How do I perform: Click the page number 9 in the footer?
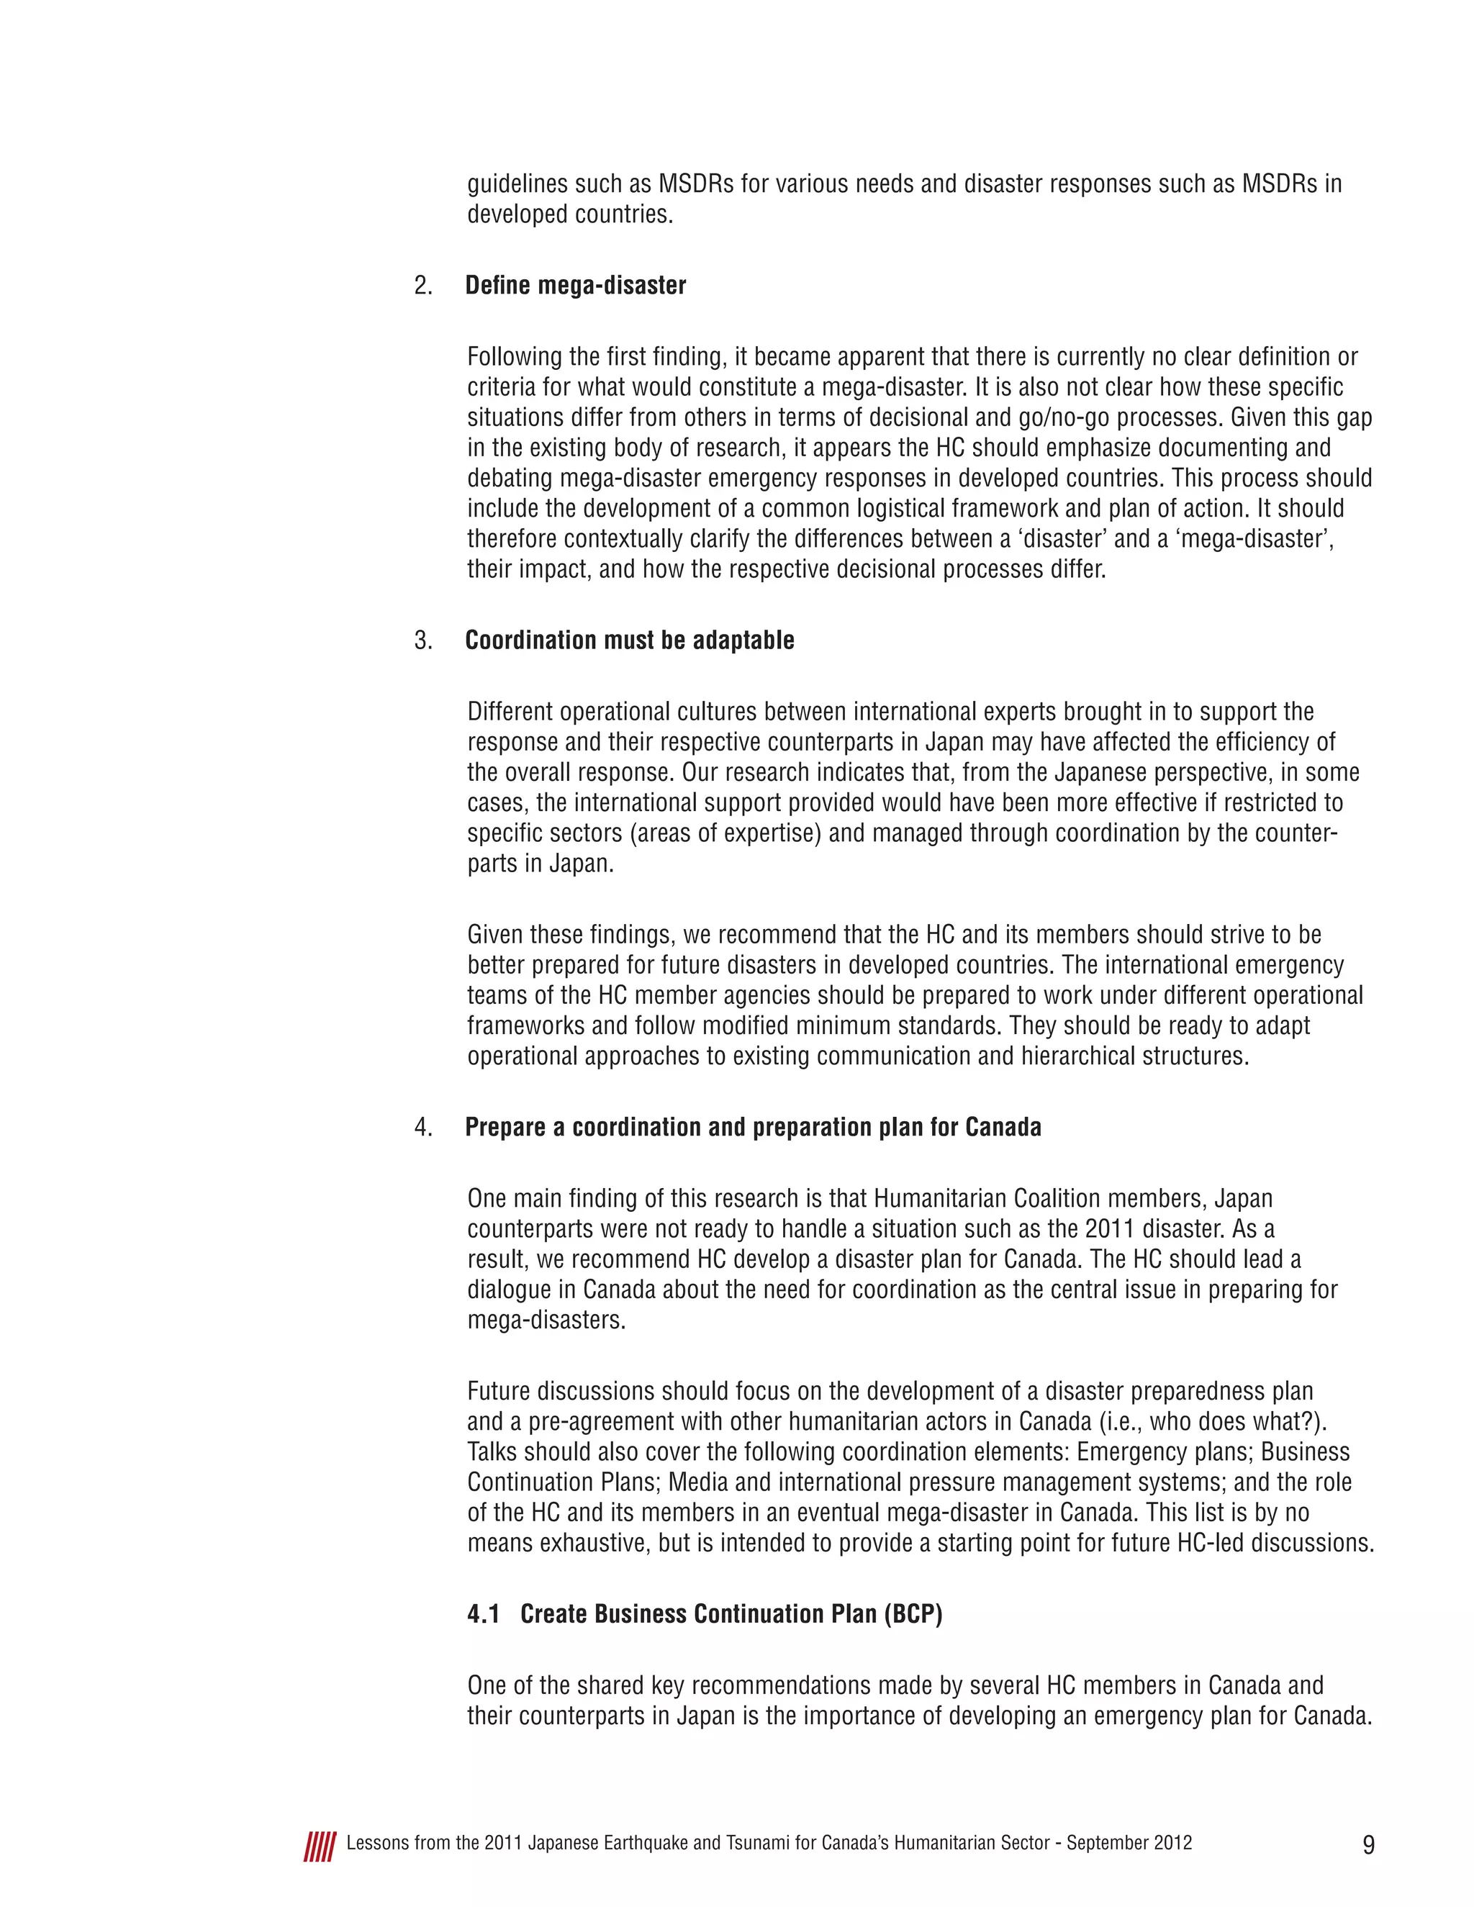pyautogui.click(x=1368, y=1844)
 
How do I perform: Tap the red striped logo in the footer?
pyautogui.click(x=320, y=1847)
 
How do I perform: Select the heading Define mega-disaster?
pyautogui.click(x=576, y=286)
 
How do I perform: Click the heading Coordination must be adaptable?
pyautogui.click(x=630, y=640)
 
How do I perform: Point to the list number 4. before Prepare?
pyautogui.click(x=423, y=1127)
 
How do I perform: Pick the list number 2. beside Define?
pyautogui.click(x=423, y=286)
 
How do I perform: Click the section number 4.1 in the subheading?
pyautogui.click(x=484, y=1613)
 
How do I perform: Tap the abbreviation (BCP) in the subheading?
pyautogui.click(x=913, y=1613)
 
